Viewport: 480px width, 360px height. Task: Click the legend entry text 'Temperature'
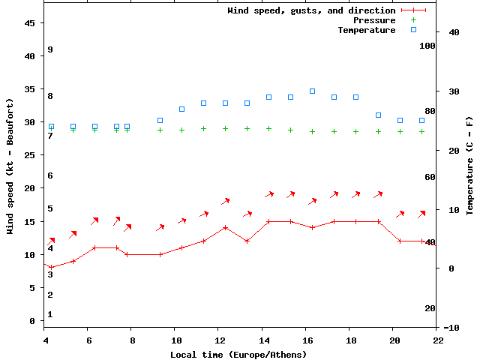coord(366,30)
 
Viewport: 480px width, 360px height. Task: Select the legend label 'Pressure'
coord(374,20)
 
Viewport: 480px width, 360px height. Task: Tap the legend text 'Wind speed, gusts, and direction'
coord(311,10)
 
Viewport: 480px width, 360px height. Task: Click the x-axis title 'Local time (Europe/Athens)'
coord(238,354)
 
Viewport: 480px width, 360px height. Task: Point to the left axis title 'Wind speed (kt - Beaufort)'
coord(10,166)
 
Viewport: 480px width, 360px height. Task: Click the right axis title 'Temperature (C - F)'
coord(469,166)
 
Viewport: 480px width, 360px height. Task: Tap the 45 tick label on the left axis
coord(31,23)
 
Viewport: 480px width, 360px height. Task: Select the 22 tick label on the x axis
coord(438,340)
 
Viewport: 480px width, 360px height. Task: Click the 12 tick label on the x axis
coord(217,340)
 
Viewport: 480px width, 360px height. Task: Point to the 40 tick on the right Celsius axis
coord(453,32)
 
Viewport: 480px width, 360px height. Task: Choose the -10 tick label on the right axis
coord(451,328)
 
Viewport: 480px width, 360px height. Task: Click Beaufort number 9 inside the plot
coord(49,49)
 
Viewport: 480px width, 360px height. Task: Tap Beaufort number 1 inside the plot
coord(49,314)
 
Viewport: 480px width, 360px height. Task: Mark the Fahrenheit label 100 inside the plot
coord(427,46)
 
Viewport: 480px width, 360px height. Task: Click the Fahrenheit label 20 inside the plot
coord(430,308)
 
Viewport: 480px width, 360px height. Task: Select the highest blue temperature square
coord(312,91)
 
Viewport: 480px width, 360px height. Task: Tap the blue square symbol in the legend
coord(413,30)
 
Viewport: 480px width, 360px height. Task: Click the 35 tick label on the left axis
coord(31,89)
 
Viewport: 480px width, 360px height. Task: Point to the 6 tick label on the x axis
coord(89,340)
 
